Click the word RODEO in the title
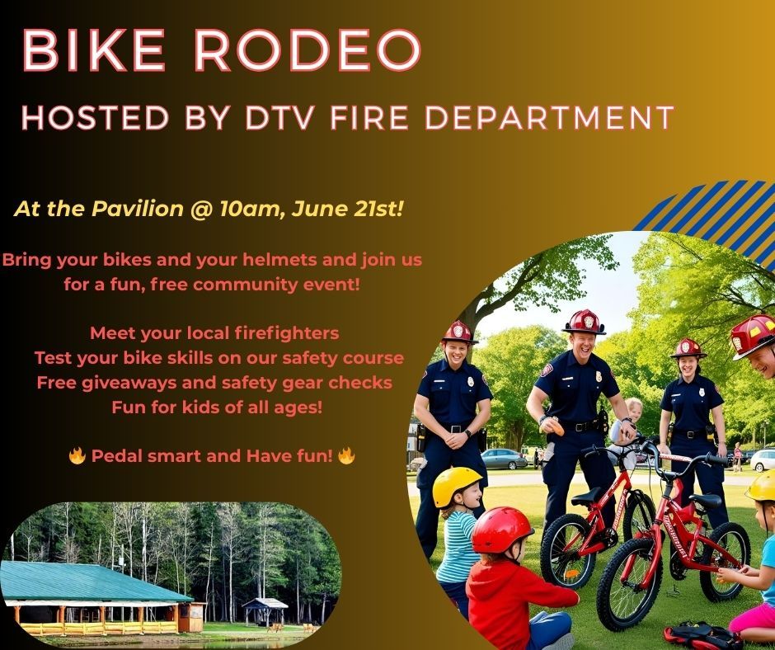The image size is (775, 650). [x=307, y=50]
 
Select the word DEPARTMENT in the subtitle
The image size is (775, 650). [x=549, y=118]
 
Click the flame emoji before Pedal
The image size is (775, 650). [x=77, y=455]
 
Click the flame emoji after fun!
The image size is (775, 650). [x=346, y=455]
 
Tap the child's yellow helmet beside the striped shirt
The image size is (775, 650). [x=455, y=484]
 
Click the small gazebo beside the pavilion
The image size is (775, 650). [x=265, y=611]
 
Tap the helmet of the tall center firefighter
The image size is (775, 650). [x=585, y=322]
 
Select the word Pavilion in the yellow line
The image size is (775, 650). [x=138, y=210]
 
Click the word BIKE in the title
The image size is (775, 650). [x=93, y=50]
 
